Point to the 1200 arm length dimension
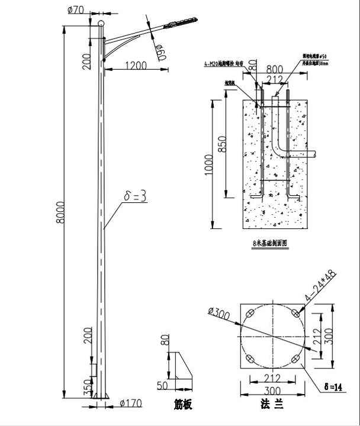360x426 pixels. [136, 66]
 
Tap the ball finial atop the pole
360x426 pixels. [101, 23]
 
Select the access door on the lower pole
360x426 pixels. [93, 369]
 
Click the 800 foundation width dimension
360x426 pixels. [274, 68]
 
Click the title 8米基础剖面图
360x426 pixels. [269, 243]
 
